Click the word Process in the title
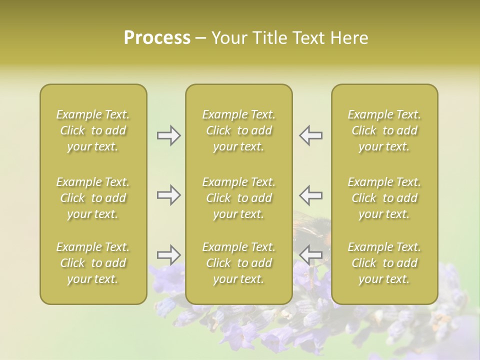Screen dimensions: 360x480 [x=157, y=38]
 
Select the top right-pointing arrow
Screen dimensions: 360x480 [x=168, y=135]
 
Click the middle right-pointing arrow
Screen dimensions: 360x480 [x=168, y=195]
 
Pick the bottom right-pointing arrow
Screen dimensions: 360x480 [x=168, y=255]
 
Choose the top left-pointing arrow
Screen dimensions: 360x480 [x=311, y=135]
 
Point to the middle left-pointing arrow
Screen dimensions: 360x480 [x=311, y=195]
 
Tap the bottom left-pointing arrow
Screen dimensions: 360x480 [x=311, y=255]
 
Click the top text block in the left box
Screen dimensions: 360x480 [x=93, y=130]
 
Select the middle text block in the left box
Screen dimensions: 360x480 [x=93, y=198]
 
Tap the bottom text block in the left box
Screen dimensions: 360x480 [x=93, y=263]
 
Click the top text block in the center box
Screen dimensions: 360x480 [x=239, y=130]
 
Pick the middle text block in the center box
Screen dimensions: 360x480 [x=239, y=198]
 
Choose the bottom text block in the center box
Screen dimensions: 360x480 [x=239, y=263]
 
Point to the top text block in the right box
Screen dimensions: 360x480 [x=384, y=130]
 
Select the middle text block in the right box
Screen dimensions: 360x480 [x=384, y=198]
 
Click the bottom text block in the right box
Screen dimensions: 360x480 [x=384, y=263]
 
